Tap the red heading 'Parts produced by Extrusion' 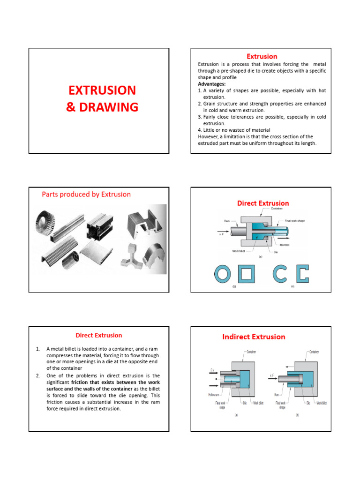coord(86,194)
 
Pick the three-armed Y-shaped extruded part coord(133,255)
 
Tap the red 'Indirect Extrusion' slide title coord(253,337)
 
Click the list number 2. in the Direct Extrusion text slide coord(37,376)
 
